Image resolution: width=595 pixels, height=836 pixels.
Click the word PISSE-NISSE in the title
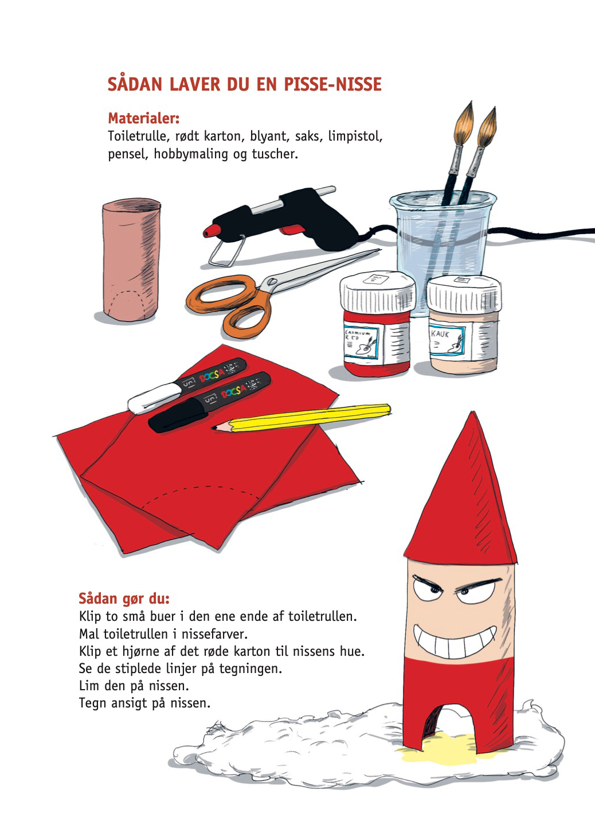click(x=333, y=84)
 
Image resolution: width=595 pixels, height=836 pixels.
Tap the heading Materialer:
click(x=144, y=118)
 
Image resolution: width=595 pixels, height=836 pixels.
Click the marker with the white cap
click(x=187, y=386)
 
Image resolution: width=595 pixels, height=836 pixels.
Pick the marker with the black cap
click(x=209, y=402)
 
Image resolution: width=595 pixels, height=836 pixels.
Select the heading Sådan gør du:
click(x=124, y=598)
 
